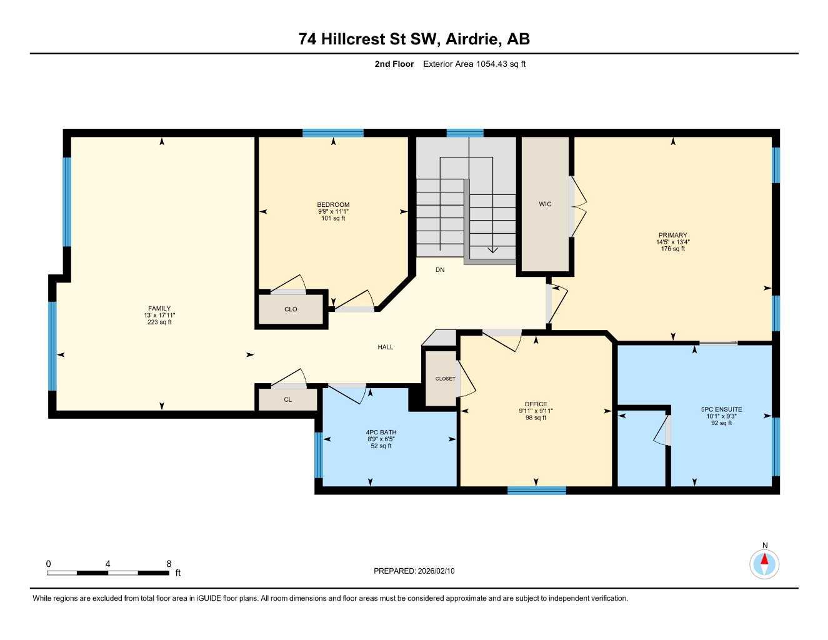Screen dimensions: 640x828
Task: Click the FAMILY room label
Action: [159, 308]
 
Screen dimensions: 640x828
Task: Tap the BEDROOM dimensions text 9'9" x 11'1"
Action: [333, 212]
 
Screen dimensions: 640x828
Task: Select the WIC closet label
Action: [545, 204]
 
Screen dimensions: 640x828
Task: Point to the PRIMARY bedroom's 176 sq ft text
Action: [672, 249]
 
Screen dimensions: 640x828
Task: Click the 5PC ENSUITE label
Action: [721, 409]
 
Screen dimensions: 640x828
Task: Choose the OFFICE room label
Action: [536, 404]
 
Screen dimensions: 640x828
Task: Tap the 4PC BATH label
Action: [381, 432]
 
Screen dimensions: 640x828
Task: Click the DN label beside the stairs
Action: [440, 270]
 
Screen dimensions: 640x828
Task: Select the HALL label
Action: [385, 347]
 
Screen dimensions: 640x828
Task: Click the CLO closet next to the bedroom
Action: [291, 309]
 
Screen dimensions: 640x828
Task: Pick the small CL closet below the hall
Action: [287, 400]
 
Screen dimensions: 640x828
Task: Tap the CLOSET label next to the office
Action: [445, 379]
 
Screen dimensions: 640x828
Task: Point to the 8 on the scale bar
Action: [169, 564]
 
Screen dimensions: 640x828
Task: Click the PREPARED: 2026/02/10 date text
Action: [414, 571]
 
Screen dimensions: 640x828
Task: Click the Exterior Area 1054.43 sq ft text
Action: [474, 64]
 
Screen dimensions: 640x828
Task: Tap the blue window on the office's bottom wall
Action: [536, 491]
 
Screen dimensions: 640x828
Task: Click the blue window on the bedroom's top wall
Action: [333, 133]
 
